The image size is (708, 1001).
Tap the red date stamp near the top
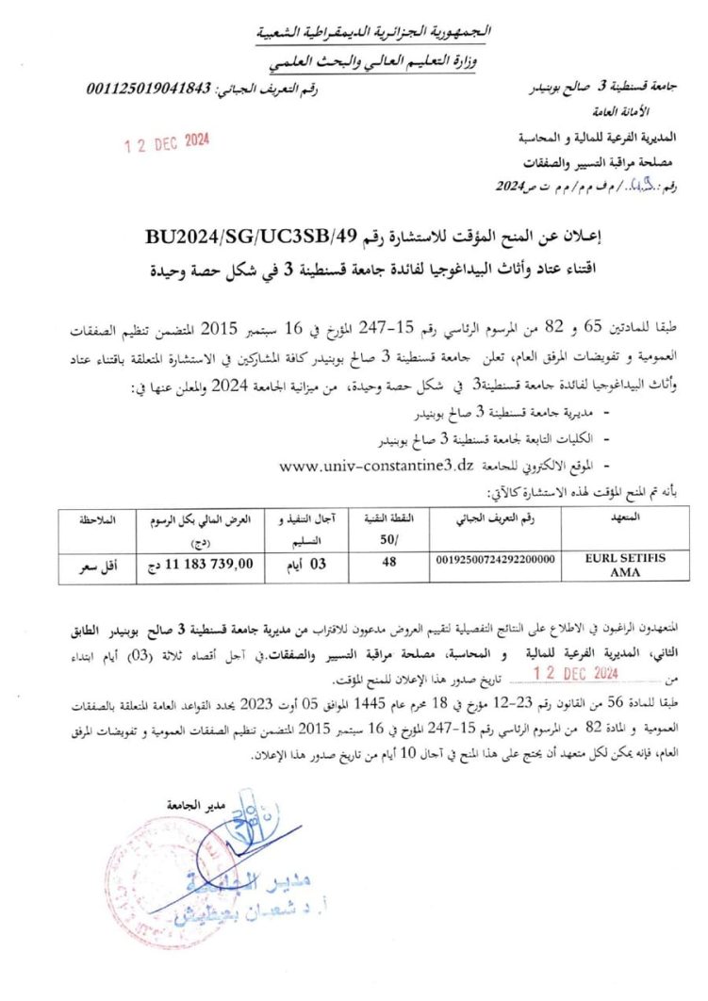coord(168,143)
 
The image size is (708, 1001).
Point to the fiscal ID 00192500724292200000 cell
coord(494,560)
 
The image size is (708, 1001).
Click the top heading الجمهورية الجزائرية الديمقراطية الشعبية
coord(375,33)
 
